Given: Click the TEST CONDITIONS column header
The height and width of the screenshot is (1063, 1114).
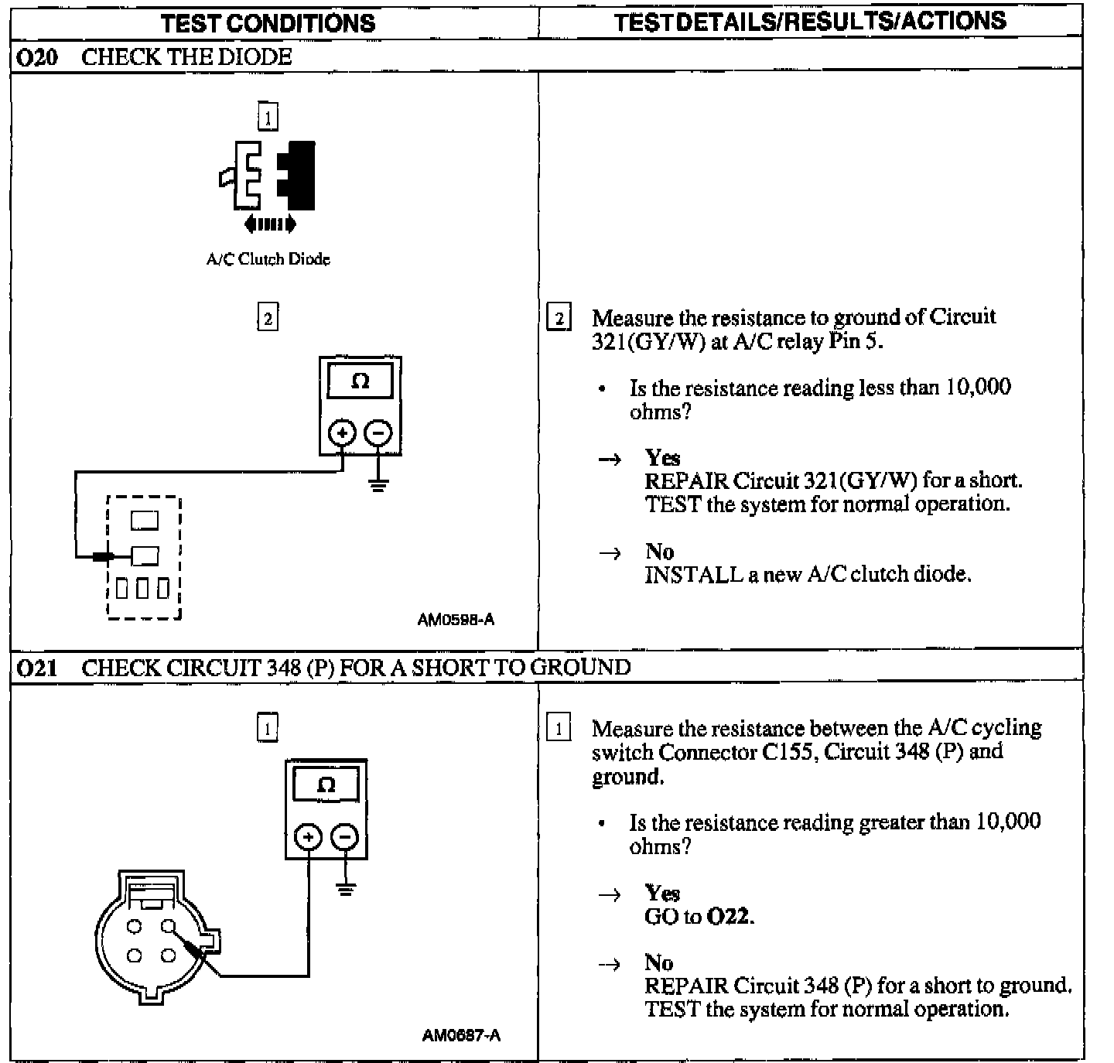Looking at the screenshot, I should click(x=268, y=22).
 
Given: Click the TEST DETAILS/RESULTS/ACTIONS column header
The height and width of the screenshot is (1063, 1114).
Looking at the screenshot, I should click(x=810, y=21).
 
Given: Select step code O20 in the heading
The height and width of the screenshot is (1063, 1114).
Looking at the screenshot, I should click(x=36, y=57).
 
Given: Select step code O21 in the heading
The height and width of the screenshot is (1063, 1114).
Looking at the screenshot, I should click(x=36, y=668).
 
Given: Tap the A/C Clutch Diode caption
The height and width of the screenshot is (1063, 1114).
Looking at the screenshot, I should click(x=268, y=259).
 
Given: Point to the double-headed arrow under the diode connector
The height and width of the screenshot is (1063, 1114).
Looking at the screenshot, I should click(x=269, y=224).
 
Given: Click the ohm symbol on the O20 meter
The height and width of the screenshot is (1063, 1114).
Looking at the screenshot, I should click(x=360, y=381).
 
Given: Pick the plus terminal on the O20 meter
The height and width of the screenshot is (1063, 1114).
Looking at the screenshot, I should click(x=343, y=433).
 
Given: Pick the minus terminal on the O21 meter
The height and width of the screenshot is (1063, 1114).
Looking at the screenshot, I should click(x=344, y=836).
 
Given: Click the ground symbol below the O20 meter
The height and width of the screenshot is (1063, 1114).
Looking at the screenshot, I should click(x=378, y=486).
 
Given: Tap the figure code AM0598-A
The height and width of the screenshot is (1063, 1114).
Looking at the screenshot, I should click(x=456, y=620).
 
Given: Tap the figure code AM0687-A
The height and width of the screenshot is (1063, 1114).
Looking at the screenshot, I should click(x=461, y=1035).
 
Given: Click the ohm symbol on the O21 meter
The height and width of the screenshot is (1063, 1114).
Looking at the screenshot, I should click(x=326, y=785).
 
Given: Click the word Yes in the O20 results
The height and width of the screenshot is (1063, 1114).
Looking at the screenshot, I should click(x=662, y=457).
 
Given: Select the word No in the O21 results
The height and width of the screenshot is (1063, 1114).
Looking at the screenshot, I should click(x=659, y=962).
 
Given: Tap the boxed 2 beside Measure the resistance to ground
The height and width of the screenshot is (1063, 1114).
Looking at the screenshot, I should click(x=559, y=318).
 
